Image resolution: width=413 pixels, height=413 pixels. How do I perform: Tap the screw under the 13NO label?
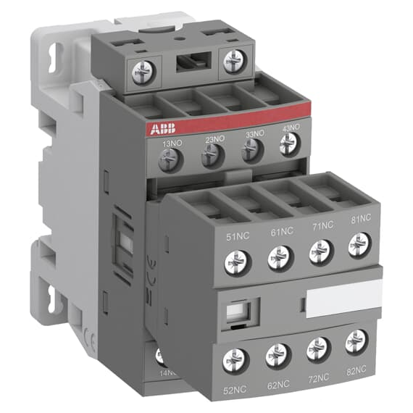point(171,159)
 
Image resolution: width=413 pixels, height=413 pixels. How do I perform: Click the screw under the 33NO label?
point(251,150)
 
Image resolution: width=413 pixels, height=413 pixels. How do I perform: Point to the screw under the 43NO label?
point(289,145)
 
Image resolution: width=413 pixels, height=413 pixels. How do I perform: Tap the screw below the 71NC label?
point(320,251)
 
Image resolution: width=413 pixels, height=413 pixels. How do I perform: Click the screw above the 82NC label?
point(356,341)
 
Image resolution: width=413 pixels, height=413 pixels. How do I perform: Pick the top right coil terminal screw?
point(234,61)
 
